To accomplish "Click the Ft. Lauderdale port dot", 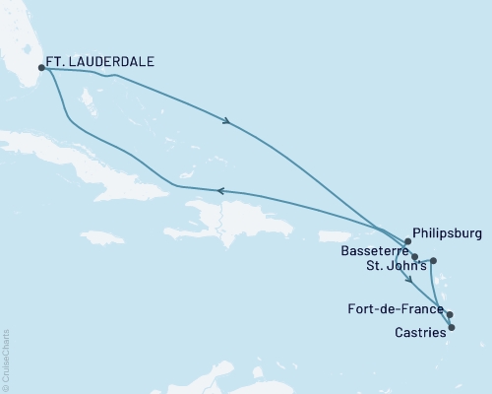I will (41, 68).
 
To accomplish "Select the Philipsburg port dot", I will (407, 240).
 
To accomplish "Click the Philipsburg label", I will (449, 234).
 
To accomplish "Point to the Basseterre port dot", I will (415, 257).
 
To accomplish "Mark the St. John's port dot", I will (434, 260).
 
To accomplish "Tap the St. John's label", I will (392, 266).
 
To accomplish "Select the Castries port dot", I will (452, 327).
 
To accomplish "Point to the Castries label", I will (420, 332).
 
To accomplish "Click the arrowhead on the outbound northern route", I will (228, 122).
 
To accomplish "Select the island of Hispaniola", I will (221, 219).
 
